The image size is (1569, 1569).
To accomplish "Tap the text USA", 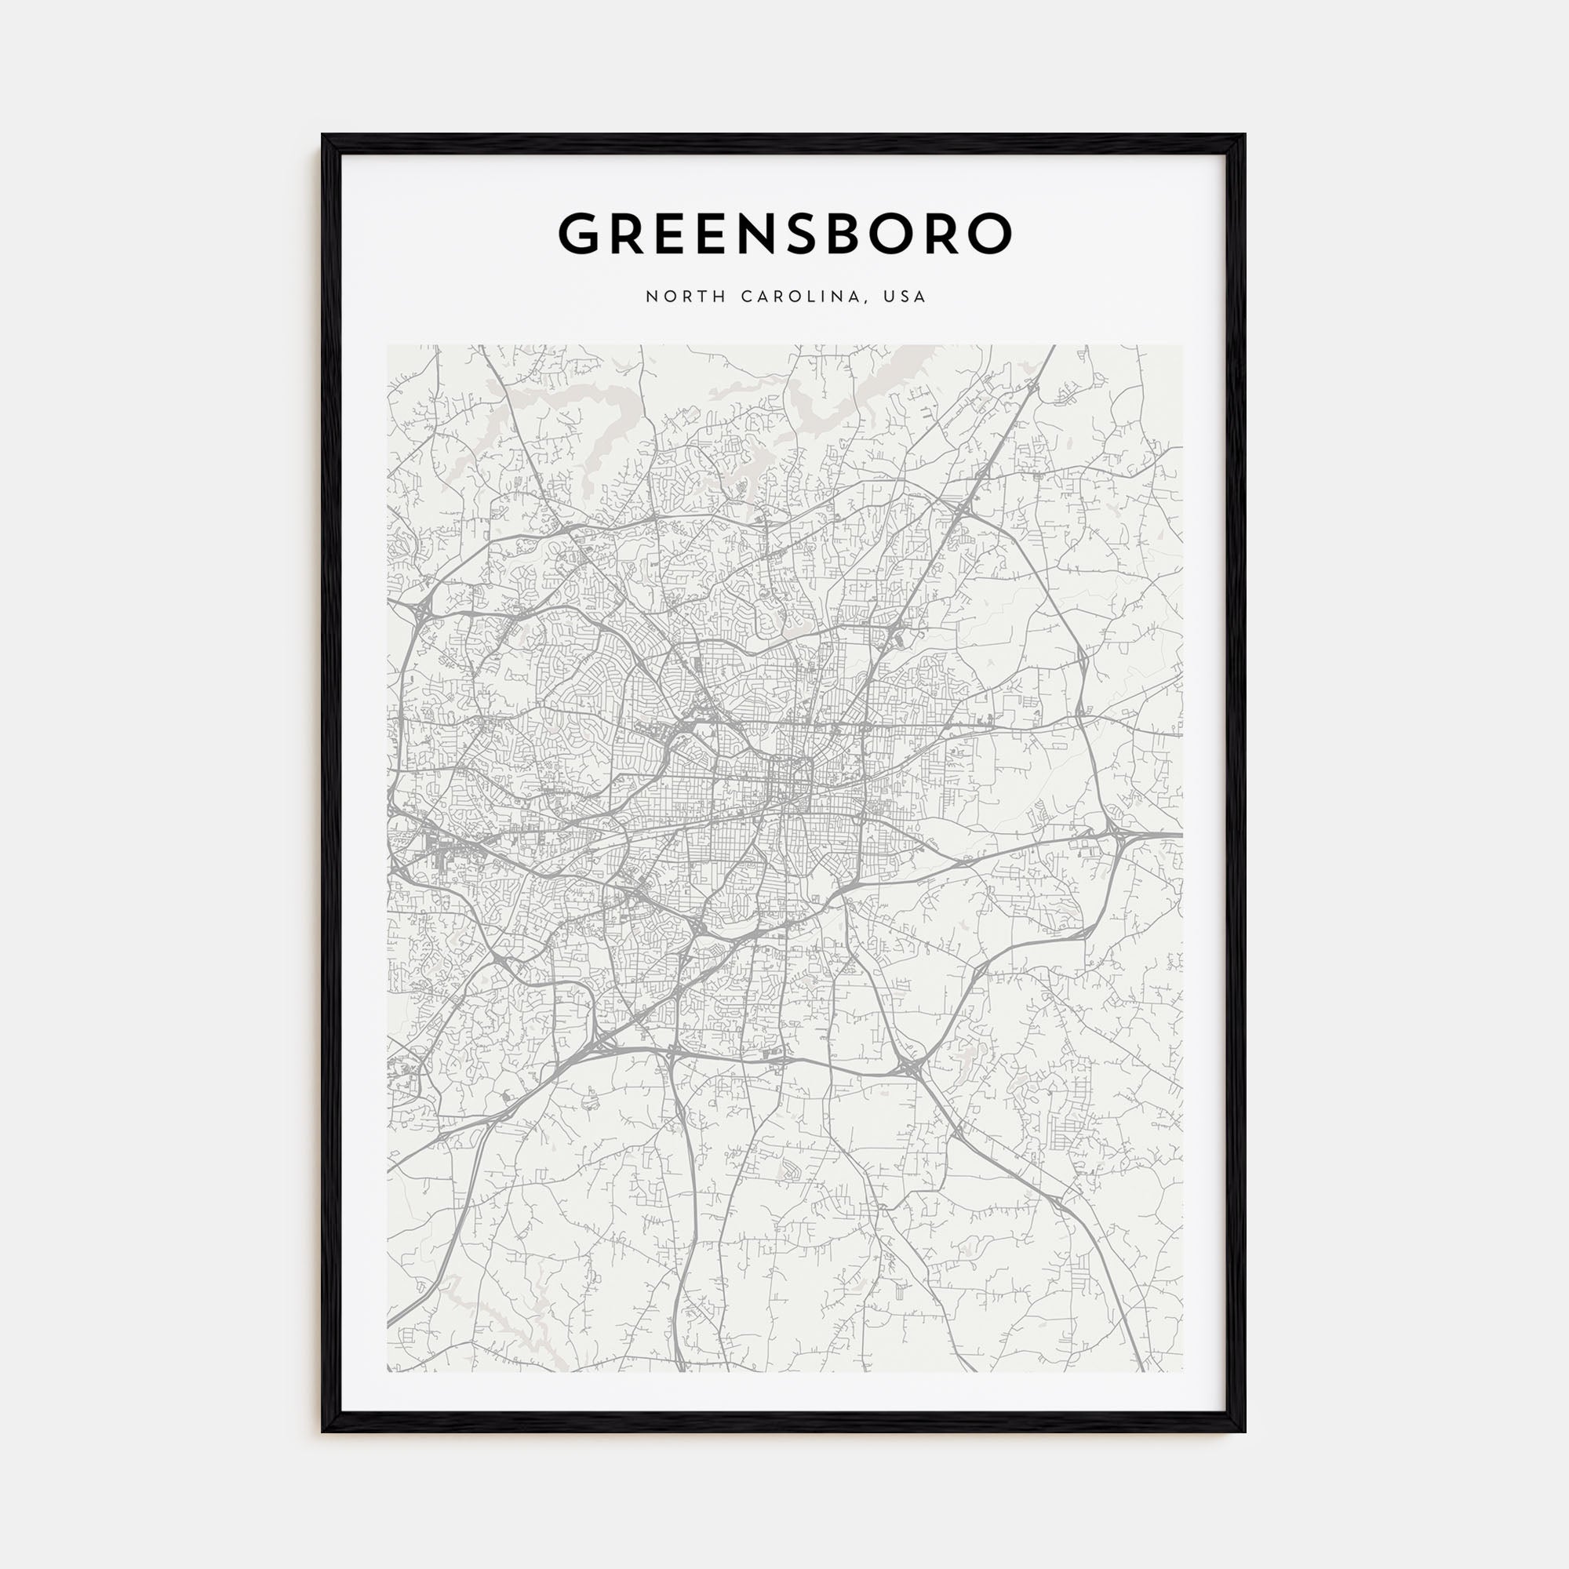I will point(906,297).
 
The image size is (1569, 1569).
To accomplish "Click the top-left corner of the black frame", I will point(324,137).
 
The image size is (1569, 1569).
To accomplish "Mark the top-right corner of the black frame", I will point(1243,137).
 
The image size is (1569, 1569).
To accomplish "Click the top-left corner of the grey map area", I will point(388,346).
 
